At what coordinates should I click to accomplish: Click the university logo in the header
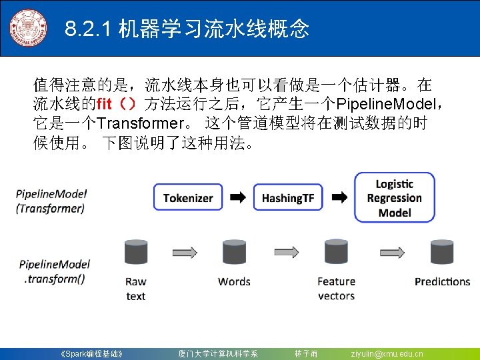point(29,27)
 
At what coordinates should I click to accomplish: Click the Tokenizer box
point(188,198)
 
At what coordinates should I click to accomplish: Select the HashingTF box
point(288,198)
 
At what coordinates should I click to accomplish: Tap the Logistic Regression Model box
point(395,198)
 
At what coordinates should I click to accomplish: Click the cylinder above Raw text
point(136,253)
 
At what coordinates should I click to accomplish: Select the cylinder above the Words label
point(234,253)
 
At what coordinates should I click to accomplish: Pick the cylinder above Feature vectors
point(336,253)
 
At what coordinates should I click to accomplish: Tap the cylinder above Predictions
point(441,253)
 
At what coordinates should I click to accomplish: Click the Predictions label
point(442,282)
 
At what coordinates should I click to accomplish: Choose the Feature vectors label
point(336,289)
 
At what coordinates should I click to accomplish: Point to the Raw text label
point(136,289)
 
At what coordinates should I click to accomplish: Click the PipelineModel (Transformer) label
point(51,201)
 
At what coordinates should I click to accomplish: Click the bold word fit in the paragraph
point(105,104)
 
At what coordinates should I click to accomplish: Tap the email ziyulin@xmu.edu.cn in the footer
point(387,353)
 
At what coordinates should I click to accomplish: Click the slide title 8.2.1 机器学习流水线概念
point(187,29)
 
